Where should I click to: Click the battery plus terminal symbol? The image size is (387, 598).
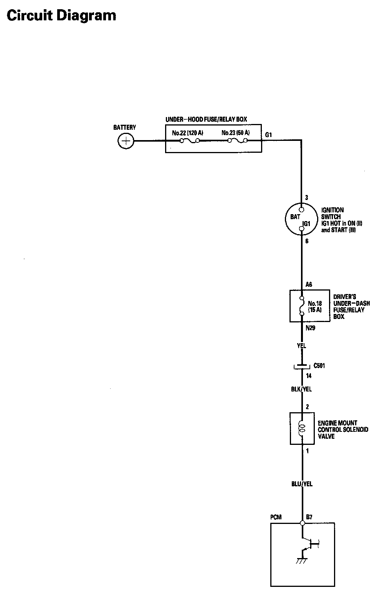click(x=125, y=141)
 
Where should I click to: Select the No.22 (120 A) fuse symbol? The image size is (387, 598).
click(x=189, y=141)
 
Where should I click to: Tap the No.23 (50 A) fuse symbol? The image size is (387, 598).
click(x=238, y=141)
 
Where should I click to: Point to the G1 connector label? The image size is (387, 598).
click(x=269, y=135)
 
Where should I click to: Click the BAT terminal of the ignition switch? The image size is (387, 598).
click(x=301, y=210)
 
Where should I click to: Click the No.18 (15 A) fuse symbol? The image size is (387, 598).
click(x=302, y=306)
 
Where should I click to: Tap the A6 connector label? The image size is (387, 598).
click(x=309, y=285)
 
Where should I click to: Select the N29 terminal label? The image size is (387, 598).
click(x=311, y=329)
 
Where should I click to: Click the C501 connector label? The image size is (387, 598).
click(x=319, y=366)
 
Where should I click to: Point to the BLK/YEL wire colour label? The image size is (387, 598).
click(x=301, y=389)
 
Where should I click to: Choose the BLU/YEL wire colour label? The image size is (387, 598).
click(x=302, y=484)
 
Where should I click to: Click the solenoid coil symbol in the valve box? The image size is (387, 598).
click(x=302, y=428)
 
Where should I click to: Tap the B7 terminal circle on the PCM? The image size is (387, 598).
click(x=302, y=523)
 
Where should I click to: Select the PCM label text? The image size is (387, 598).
click(x=276, y=517)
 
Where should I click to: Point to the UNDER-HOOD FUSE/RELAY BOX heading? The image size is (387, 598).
click(x=206, y=119)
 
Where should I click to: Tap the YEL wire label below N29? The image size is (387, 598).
click(x=301, y=346)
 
